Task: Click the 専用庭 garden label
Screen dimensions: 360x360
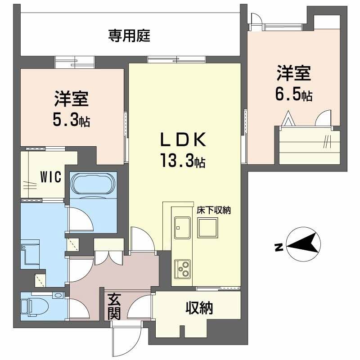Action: pyautogui.click(x=129, y=36)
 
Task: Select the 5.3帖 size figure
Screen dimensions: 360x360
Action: pyautogui.click(x=71, y=120)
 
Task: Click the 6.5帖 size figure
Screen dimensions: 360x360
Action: pyautogui.click(x=294, y=96)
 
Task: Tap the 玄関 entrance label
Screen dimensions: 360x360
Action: pyautogui.click(x=114, y=306)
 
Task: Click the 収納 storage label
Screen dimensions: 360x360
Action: pyautogui.click(x=199, y=308)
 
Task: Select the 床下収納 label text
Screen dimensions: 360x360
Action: pyautogui.click(x=213, y=210)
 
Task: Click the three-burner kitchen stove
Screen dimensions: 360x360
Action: pyautogui.click(x=183, y=269)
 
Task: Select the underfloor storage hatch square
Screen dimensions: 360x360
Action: pyautogui.click(x=208, y=228)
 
